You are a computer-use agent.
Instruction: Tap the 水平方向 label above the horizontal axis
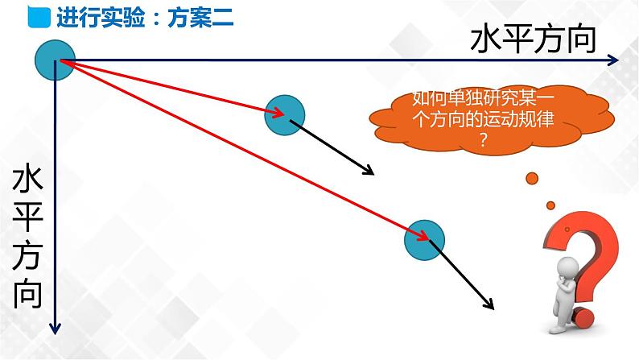tap(533, 39)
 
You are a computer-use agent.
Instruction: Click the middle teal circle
tap(284, 114)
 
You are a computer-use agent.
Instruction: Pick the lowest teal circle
tap(424, 240)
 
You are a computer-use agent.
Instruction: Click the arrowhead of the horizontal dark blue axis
tap(613, 60)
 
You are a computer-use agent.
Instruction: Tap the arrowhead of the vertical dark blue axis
tap(55, 326)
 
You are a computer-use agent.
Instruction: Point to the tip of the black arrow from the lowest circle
tap(491, 307)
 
